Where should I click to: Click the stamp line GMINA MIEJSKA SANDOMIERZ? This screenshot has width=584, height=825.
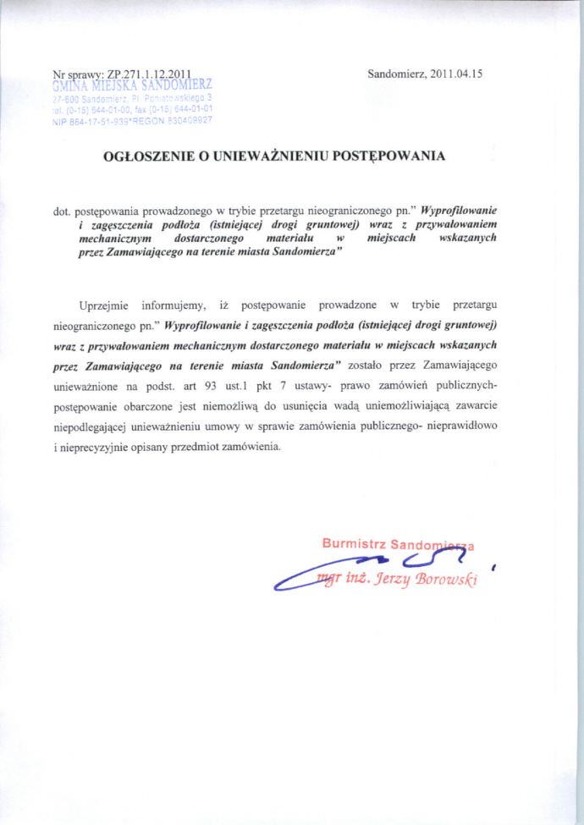click(x=132, y=85)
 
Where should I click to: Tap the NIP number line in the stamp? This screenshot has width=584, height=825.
click(x=132, y=120)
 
